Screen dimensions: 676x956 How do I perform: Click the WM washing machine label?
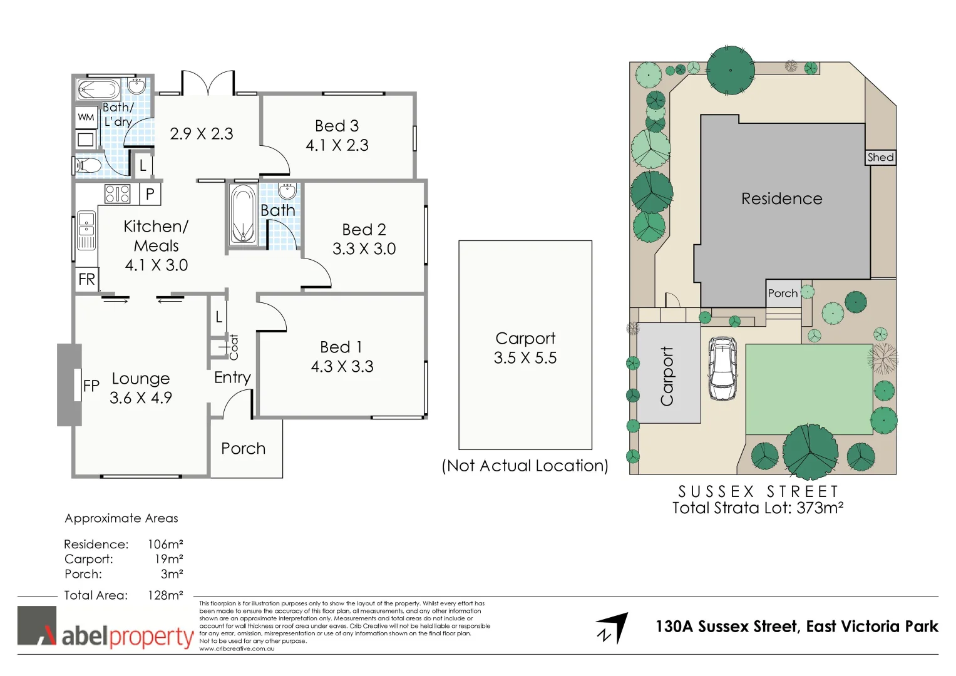click(x=86, y=117)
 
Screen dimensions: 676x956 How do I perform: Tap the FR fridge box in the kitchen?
click(x=86, y=279)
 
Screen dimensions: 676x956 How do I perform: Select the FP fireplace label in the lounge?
click(x=91, y=386)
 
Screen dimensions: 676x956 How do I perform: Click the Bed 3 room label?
click(x=337, y=126)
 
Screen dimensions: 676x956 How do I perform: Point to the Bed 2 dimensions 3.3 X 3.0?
click(x=364, y=249)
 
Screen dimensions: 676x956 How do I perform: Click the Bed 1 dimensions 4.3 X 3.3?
click(x=342, y=367)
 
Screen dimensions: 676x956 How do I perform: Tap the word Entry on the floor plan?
click(x=232, y=377)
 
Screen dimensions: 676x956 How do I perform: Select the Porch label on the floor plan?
click(x=243, y=449)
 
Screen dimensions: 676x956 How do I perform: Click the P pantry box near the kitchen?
click(x=150, y=194)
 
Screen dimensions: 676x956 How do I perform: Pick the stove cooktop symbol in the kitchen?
click(x=117, y=194)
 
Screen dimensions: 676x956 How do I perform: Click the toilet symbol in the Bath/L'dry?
click(x=87, y=165)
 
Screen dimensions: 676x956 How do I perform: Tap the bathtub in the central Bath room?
click(x=242, y=215)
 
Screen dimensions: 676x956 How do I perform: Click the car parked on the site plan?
click(x=722, y=369)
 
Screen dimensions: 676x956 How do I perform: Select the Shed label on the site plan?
click(x=880, y=158)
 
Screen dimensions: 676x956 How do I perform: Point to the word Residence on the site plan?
click(x=781, y=199)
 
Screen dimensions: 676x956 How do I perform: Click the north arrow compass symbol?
click(x=612, y=628)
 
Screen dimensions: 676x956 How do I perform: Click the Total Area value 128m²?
click(x=165, y=595)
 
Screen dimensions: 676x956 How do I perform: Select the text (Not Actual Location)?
click(x=525, y=466)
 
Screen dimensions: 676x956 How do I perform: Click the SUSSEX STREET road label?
click(x=758, y=491)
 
